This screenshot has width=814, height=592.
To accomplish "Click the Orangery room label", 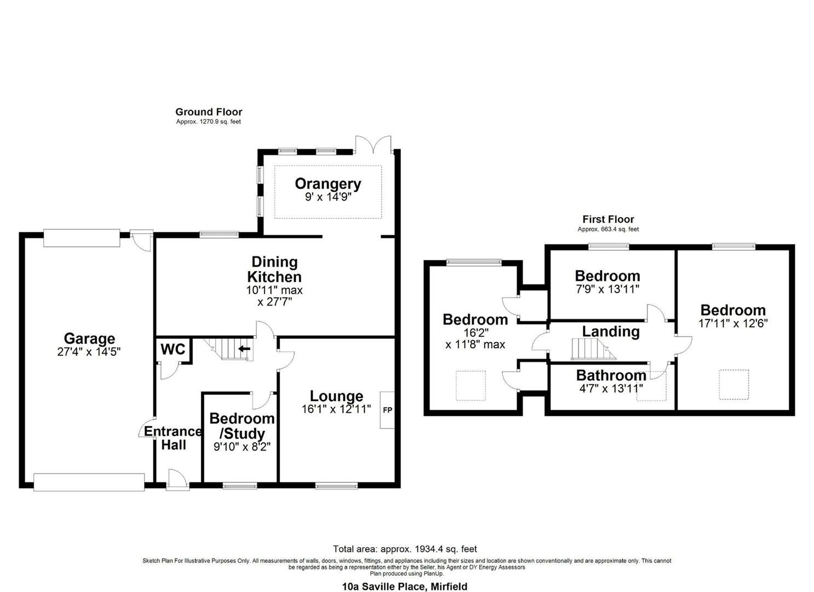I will (328, 184).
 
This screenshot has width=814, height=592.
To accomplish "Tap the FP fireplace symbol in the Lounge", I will (387, 410).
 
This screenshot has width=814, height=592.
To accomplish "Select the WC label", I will (173, 349).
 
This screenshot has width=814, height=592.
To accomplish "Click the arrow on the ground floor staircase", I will (244, 348).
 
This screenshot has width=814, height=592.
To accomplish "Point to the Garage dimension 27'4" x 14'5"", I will (89, 352).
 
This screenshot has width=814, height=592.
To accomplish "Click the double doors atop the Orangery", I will (373, 145).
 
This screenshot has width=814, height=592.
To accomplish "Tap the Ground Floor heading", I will (209, 112).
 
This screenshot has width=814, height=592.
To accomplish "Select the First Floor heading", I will (608, 219).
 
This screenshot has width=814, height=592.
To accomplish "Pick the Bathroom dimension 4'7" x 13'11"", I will (610, 389).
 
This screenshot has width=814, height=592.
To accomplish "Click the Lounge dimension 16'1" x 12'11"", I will (336, 409).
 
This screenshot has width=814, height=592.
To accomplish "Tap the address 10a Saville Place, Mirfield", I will (405, 587).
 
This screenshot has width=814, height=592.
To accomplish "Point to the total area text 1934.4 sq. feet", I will (405, 549).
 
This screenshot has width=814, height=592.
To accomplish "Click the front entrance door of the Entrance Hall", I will (177, 480).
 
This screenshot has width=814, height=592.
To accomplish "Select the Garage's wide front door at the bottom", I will (89, 482).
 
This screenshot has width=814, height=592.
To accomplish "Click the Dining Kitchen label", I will (274, 269).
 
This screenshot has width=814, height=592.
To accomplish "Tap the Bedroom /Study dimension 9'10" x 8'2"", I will (242, 447).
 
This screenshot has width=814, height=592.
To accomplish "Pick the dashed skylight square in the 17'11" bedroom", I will (733, 384).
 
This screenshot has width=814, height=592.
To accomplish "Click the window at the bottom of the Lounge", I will (336, 485).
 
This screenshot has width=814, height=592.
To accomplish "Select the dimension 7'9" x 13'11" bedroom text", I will (607, 289).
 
